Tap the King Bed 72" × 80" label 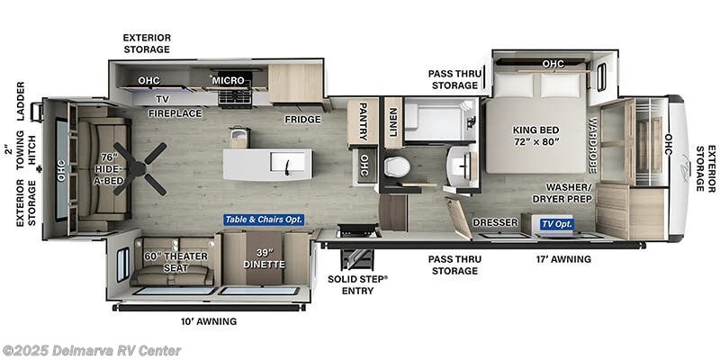536,134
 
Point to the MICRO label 228,80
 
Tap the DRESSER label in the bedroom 495,222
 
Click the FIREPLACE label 175,113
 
